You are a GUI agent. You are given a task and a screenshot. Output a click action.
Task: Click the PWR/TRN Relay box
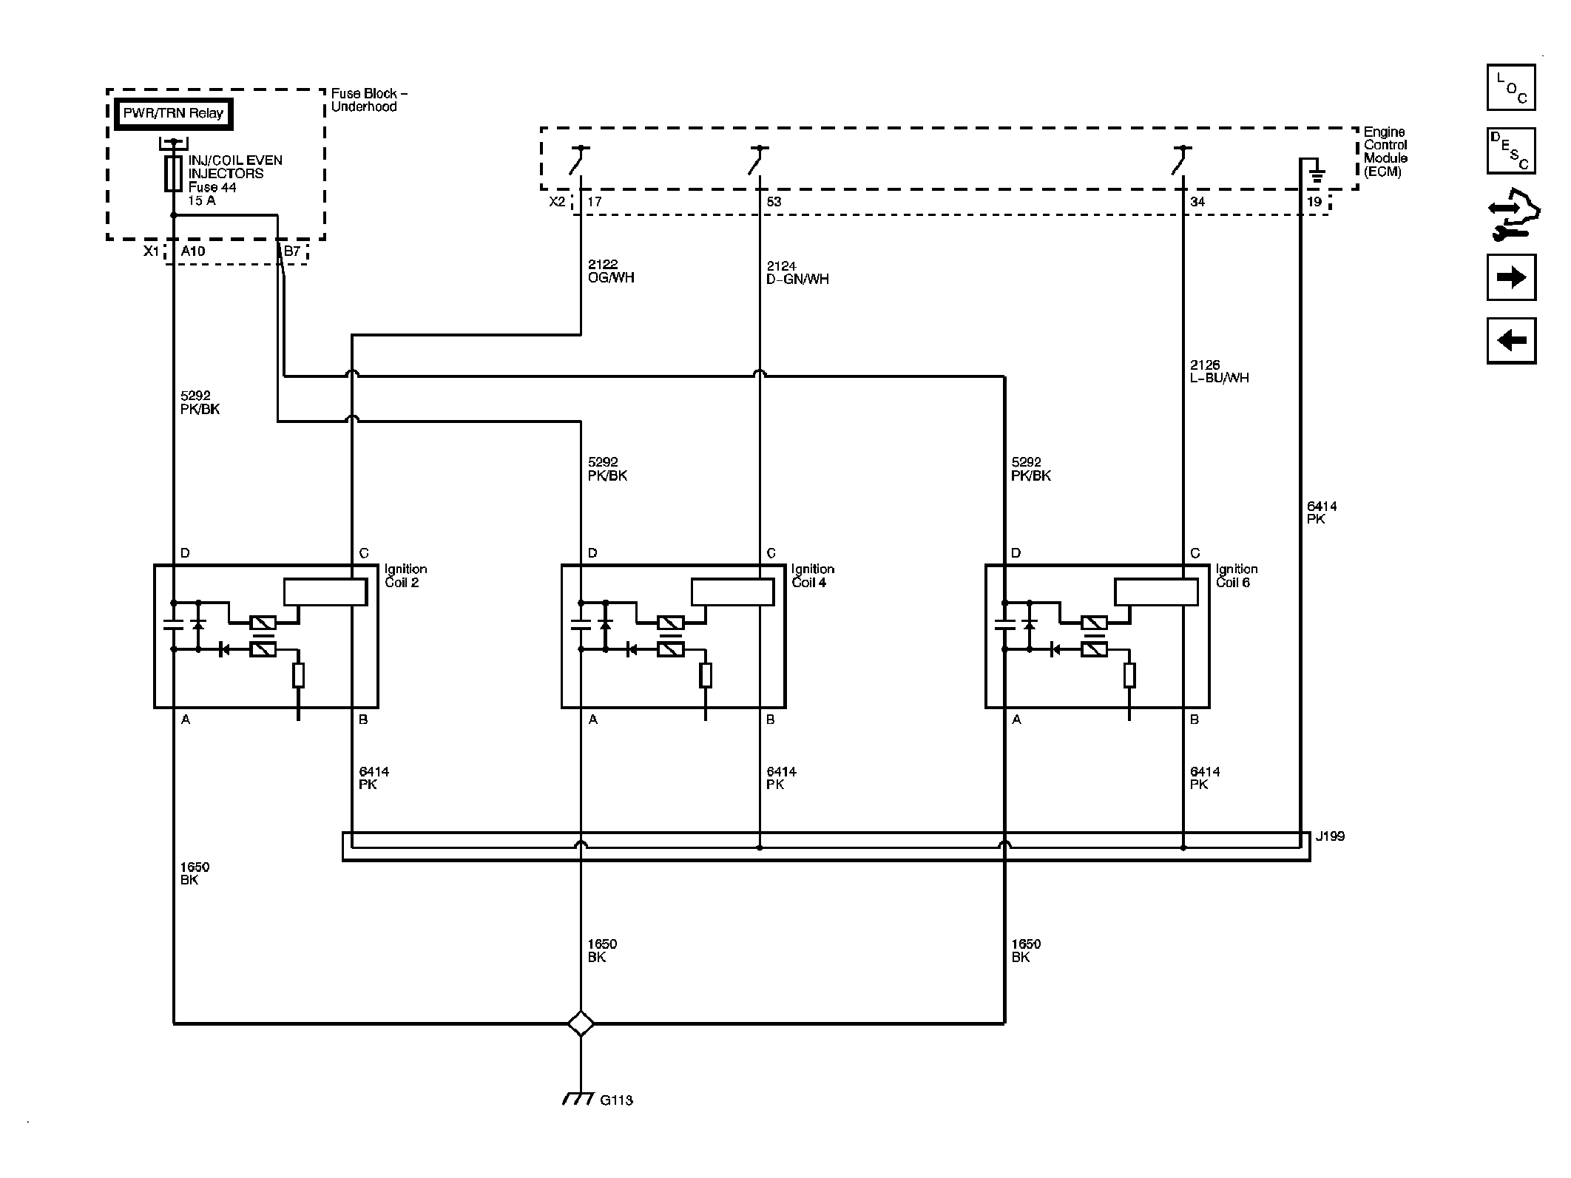[173, 114]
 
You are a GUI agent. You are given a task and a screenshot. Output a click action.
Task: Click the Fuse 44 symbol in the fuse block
[173, 174]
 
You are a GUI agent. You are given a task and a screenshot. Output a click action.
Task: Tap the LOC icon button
[1511, 87]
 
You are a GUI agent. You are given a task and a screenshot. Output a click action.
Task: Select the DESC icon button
[1511, 151]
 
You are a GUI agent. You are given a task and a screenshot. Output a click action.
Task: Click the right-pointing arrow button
[1511, 277]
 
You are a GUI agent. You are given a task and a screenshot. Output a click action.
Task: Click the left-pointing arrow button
[1511, 341]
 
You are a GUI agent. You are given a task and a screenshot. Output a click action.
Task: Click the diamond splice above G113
[581, 1023]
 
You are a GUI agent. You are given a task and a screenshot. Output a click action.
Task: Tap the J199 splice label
[1330, 836]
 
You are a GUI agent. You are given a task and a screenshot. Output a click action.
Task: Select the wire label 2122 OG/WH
[611, 271]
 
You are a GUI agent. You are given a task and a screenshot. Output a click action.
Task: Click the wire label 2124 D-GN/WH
[797, 273]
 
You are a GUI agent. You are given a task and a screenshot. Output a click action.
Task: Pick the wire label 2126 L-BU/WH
[1219, 371]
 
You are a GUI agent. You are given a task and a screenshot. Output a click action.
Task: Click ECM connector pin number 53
[774, 202]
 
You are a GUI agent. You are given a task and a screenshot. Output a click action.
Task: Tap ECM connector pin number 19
[1314, 202]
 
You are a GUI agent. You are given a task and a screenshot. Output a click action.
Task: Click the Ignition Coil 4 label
[812, 575]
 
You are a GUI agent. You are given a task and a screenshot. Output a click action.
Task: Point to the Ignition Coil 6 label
[1237, 575]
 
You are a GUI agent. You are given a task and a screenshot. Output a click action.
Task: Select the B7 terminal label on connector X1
[292, 251]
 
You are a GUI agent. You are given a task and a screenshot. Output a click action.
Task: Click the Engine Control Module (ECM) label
[1385, 152]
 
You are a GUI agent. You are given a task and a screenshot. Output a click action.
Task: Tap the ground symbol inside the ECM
[1317, 175]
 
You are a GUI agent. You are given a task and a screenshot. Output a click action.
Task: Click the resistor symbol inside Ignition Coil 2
[298, 676]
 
